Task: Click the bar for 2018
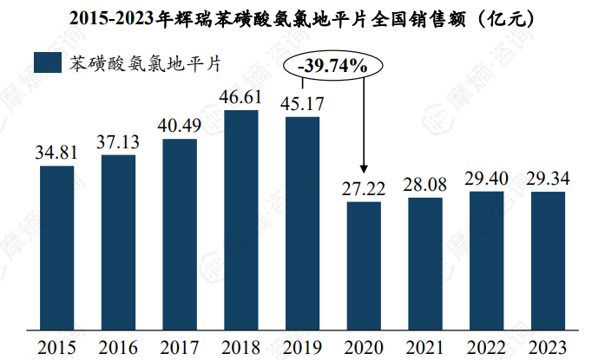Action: click(x=241, y=219)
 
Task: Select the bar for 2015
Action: click(x=56, y=247)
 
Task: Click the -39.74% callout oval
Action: click(x=332, y=65)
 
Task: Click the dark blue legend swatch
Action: click(x=46, y=62)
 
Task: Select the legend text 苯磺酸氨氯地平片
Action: click(x=144, y=62)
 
